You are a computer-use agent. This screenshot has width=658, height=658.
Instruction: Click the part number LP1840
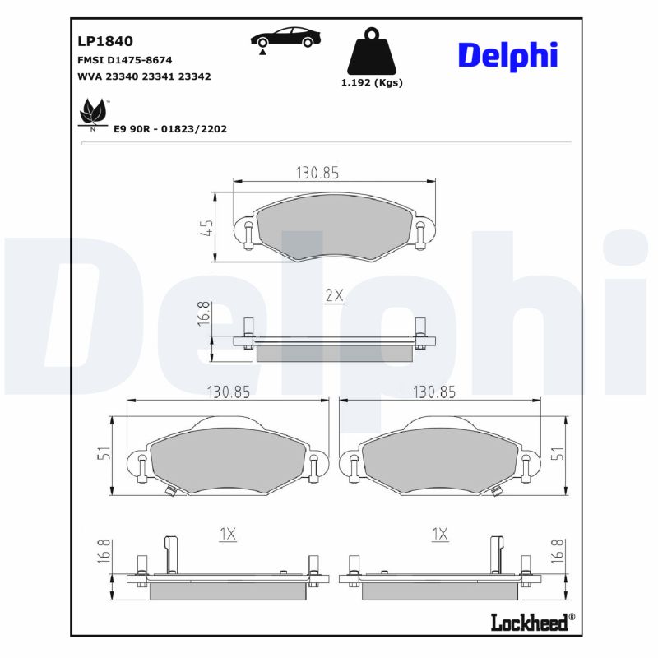click(x=105, y=41)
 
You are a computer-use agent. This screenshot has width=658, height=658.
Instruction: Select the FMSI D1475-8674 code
click(x=125, y=60)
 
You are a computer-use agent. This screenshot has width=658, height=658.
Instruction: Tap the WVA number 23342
click(x=194, y=76)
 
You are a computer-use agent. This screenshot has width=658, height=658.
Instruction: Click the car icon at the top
click(x=285, y=39)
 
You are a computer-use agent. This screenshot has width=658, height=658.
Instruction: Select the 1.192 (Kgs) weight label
click(x=372, y=83)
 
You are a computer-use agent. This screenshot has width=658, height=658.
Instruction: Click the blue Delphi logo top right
click(x=507, y=56)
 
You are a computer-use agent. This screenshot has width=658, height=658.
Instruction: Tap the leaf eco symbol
click(x=94, y=114)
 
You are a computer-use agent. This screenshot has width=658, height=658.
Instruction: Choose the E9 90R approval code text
click(x=170, y=129)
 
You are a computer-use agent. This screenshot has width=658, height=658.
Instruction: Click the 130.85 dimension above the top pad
click(x=317, y=173)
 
